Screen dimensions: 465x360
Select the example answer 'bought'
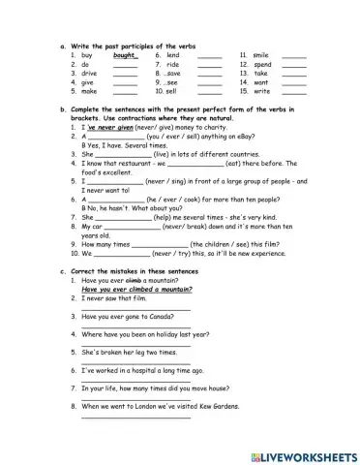pyautogui.click(x=125, y=55)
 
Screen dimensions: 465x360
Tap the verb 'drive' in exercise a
pyautogui.click(x=89, y=73)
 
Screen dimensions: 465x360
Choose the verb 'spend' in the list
pyautogui.click(x=262, y=64)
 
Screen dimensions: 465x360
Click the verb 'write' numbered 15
pyautogui.click(x=261, y=90)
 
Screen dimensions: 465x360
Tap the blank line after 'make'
pyautogui.click(x=125, y=91)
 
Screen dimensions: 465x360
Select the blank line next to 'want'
pyautogui.click(x=294, y=82)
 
